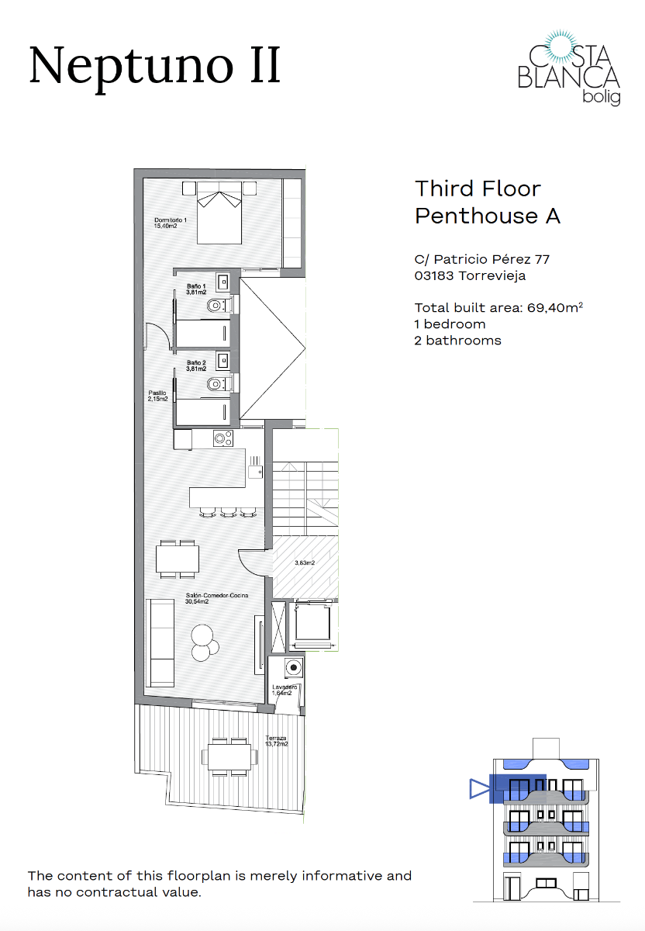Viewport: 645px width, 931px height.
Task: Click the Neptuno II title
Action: coord(154,66)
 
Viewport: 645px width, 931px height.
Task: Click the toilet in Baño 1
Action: coord(218,306)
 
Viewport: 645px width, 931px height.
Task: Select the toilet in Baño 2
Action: coord(218,383)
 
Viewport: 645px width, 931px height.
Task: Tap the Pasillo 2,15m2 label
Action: coord(158,396)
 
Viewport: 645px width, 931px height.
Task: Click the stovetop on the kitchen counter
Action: coord(223,439)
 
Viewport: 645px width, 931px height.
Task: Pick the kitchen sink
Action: coord(254,466)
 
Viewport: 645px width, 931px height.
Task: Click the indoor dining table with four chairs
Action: coord(178,559)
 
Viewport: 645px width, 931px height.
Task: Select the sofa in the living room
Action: coord(161,642)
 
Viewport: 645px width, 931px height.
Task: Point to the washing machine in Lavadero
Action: coord(292,668)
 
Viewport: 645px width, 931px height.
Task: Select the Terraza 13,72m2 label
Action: coord(277,741)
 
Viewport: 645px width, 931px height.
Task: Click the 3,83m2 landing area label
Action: coord(305,563)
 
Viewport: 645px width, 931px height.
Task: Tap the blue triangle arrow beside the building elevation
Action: coord(478,790)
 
